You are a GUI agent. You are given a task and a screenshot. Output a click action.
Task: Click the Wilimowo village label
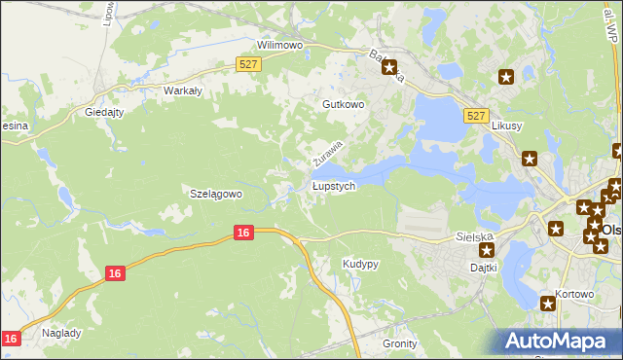pos(280,45)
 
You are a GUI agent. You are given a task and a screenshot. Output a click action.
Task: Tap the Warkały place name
pos(182,90)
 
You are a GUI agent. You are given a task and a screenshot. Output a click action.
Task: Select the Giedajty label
pos(105,111)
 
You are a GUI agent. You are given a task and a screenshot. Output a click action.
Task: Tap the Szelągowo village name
pos(214,194)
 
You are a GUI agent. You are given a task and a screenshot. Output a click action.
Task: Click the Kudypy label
pos(360,264)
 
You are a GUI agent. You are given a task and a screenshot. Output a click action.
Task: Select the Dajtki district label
pos(484,267)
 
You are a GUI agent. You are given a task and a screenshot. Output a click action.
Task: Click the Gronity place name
pos(400,343)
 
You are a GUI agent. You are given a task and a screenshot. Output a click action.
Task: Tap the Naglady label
pos(61,332)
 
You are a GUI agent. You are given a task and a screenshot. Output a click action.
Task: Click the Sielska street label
pos(476,235)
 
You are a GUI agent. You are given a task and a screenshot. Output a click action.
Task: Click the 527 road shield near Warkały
pos(248,64)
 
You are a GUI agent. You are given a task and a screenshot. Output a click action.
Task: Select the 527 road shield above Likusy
pos(476,115)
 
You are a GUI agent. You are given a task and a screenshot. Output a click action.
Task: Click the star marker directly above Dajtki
pos(487,250)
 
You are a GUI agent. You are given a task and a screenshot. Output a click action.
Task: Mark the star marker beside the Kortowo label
pos(549,306)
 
